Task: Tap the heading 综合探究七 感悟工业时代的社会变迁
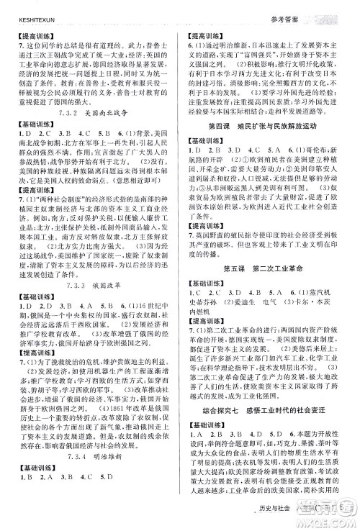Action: pyautogui.click(x=269, y=408)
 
